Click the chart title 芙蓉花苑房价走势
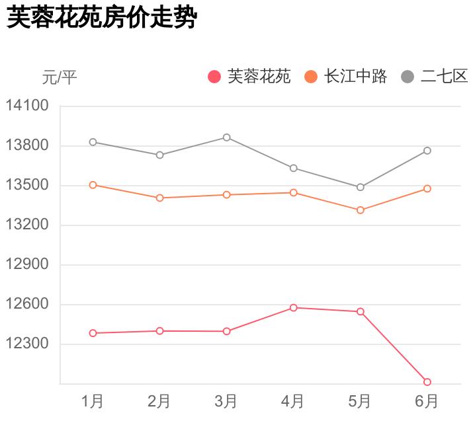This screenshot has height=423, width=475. tap(102, 18)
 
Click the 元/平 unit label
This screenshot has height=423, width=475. tap(60, 77)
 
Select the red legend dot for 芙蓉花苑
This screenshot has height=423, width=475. tap(214, 77)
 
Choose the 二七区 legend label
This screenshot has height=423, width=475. tap(444, 77)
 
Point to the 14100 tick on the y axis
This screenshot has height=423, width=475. tap(28, 106)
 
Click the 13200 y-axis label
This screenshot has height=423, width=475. tap(28, 225)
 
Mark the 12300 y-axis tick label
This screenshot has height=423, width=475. tap(28, 344)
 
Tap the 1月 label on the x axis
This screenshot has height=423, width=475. tap(93, 401)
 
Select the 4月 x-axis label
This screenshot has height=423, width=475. tap(293, 401)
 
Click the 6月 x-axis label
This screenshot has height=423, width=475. tap(427, 401)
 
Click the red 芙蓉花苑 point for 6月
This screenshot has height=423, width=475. tap(427, 382)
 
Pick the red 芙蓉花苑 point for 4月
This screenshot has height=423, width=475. tap(293, 307)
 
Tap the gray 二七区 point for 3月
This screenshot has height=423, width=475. tap(226, 137)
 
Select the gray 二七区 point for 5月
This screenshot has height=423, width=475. tap(361, 187)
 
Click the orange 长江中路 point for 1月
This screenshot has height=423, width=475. tap(93, 185)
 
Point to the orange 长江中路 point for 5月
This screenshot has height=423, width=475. tap(361, 210)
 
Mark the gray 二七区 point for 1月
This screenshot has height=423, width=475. tap(93, 142)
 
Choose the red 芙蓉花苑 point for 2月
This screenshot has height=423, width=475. tap(159, 330)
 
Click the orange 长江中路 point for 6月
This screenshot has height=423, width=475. tap(427, 188)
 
